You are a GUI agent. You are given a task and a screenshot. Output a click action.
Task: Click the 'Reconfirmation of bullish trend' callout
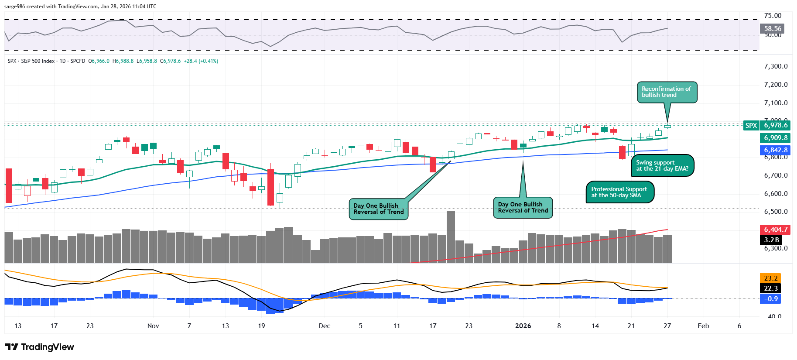tap(666, 92)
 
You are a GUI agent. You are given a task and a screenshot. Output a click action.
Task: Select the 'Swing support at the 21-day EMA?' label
tap(662, 165)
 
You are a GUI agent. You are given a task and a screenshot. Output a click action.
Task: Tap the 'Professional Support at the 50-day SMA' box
tap(619, 192)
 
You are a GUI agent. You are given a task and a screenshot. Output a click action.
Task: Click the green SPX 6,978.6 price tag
tap(767, 125)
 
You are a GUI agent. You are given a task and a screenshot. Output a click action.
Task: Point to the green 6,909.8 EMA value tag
tap(775, 138)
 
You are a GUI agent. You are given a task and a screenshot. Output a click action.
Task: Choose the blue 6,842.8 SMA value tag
tap(775, 150)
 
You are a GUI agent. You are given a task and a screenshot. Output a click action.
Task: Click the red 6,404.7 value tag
tap(775, 230)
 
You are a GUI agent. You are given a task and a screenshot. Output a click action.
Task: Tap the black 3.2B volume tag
tap(771, 240)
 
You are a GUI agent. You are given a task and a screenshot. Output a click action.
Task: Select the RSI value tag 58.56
tap(773, 29)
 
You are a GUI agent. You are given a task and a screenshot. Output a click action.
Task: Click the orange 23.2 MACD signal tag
tap(770, 278)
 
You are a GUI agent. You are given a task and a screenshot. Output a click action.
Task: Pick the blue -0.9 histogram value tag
tap(770, 299)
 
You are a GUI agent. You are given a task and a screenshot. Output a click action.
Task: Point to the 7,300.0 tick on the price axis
tap(776, 66)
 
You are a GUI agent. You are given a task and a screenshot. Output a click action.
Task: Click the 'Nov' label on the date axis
tap(153, 326)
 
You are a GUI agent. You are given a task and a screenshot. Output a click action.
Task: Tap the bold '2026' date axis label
tap(523, 326)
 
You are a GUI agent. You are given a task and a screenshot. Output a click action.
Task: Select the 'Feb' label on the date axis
tap(703, 326)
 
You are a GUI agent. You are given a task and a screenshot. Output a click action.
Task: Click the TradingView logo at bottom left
tap(40, 347)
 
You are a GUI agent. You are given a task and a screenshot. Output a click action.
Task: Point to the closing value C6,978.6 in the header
tap(170, 61)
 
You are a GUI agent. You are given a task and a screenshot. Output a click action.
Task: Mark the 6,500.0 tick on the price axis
tap(776, 212)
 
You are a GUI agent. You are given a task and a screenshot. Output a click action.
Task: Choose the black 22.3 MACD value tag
tap(770, 288)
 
